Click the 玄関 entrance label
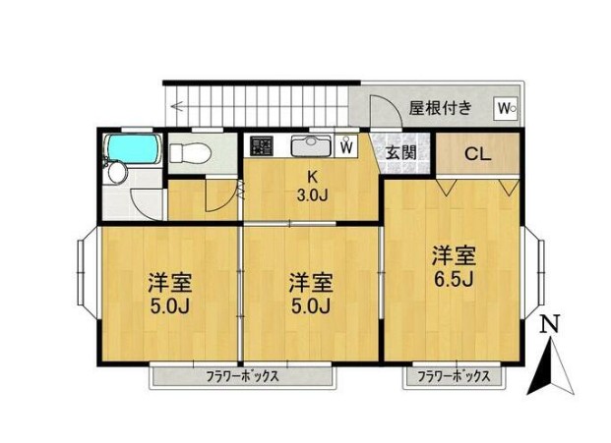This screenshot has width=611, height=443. tap(400, 152)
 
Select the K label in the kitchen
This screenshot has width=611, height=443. tap(312, 177)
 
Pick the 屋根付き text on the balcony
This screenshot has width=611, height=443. tap(440, 107)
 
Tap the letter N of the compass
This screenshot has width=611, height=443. tap(553, 323)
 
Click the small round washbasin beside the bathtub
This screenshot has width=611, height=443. tap(116, 174)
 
